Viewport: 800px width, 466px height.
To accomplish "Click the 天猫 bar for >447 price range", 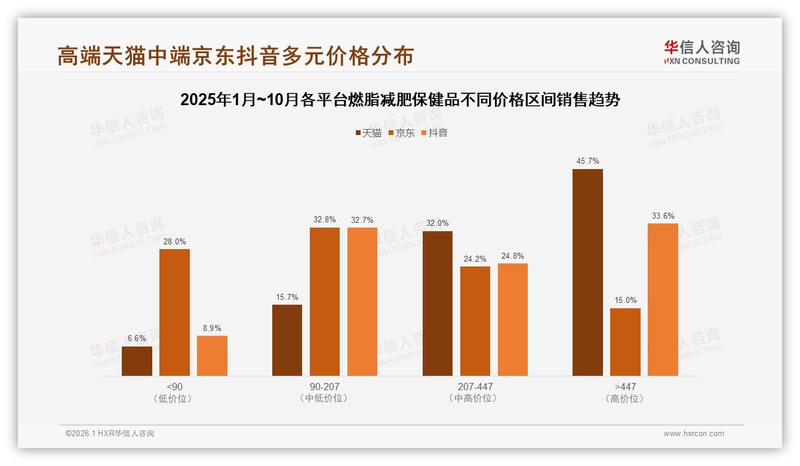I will click(587, 272).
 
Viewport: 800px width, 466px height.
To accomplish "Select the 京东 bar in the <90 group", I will click(174, 312).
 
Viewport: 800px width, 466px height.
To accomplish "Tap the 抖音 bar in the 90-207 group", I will click(362, 302).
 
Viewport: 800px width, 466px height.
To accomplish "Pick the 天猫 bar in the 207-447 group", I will click(438, 303).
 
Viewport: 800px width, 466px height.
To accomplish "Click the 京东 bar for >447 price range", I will click(625, 342).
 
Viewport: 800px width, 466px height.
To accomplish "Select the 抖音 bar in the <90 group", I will click(212, 356).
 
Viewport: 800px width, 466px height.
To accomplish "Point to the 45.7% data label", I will click(587, 161).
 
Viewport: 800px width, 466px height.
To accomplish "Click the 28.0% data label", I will click(174, 241).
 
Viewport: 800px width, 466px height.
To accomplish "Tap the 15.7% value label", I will click(287, 297).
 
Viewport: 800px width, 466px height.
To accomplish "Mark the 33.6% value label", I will click(663, 216).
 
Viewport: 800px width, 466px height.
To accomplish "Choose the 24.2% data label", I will click(475, 259).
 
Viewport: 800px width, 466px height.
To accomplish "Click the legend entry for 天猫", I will click(368, 133).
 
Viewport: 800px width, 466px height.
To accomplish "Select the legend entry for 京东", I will click(402, 133).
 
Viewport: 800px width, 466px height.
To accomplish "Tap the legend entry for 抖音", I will click(435, 133).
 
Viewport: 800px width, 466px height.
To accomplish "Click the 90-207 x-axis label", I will click(324, 387).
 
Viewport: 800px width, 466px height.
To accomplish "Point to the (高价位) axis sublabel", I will click(624, 398).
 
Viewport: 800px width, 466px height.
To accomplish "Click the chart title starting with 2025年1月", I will click(400, 100).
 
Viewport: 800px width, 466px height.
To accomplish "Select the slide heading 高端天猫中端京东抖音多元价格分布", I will click(235, 56).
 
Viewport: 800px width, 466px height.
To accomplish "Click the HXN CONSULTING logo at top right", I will click(701, 52).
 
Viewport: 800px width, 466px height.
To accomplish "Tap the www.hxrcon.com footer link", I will click(694, 434).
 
